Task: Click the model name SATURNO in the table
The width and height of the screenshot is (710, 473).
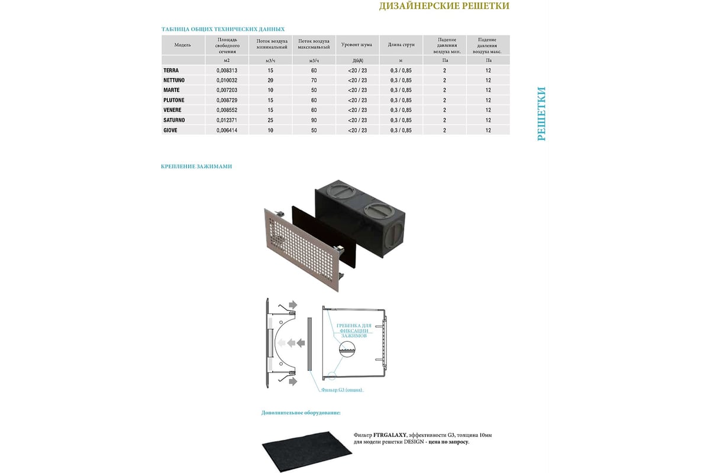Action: (x=174, y=120)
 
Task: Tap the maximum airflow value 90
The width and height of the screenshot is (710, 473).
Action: (x=314, y=120)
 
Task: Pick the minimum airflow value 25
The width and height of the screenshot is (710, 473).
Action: (x=271, y=120)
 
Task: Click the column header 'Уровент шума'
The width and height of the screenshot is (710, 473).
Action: (x=357, y=45)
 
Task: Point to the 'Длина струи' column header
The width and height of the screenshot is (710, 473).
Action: (x=401, y=45)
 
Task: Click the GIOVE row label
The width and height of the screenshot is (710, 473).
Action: (x=171, y=130)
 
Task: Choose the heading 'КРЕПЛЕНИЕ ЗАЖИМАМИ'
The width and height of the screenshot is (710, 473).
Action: (x=196, y=167)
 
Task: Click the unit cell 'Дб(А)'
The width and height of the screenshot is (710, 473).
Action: (x=357, y=60)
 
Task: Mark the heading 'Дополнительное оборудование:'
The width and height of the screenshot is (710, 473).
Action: (x=301, y=413)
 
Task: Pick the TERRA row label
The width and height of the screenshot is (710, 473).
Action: (x=170, y=70)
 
